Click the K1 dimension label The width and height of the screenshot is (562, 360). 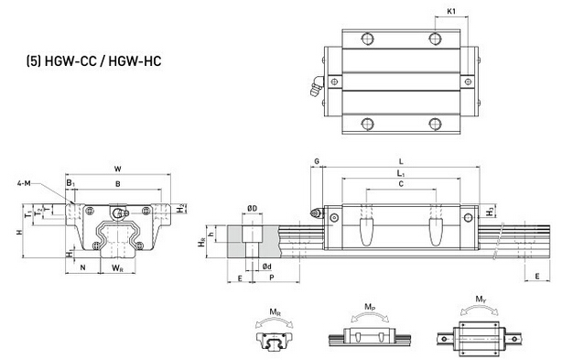451,11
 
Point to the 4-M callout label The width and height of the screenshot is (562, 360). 24,183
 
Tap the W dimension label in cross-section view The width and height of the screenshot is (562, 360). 117,169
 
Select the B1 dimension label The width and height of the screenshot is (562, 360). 70,183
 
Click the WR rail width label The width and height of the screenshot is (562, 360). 117,267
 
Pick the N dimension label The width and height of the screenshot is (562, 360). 82,267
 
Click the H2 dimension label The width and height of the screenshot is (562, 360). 181,208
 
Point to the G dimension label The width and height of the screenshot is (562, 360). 317,162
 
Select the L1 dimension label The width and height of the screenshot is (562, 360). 401,173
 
